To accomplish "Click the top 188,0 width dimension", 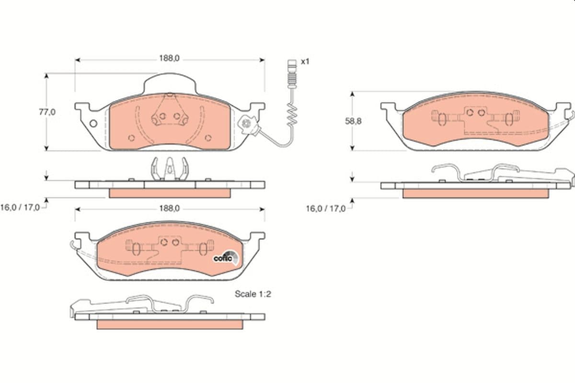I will [169, 58].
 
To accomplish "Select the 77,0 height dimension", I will [47, 112].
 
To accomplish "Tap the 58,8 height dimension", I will [353, 121].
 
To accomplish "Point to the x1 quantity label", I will [305, 62].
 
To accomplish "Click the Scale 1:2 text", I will [253, 294].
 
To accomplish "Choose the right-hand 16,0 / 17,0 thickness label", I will [326, 208].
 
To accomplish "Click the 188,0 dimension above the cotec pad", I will [169, 208].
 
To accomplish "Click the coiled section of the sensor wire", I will [291, 115].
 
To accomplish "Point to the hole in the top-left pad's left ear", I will [93, 124].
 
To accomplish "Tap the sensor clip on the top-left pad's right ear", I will [248, 124].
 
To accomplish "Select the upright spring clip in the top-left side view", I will [168, 169].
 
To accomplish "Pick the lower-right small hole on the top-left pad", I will [208, 138].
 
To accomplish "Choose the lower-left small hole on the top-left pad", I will [131, 138].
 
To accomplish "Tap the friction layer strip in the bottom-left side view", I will [170, 324].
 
